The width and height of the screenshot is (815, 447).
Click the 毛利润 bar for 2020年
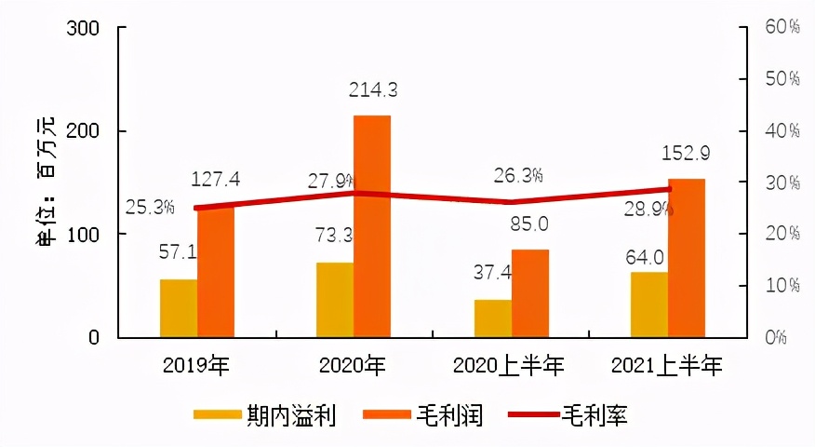point(372,225)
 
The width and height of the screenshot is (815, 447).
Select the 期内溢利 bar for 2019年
point(179,307)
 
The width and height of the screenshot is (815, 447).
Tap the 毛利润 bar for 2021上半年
point(687,257)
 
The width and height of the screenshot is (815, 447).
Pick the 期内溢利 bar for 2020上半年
point(493,318)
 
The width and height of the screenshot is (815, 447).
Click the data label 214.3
point(373,90)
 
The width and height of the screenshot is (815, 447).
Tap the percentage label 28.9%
point(649,210)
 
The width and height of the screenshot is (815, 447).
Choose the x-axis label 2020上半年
point(509,366)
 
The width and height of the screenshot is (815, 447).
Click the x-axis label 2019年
point(195,366)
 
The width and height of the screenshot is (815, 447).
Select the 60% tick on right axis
point(782,28)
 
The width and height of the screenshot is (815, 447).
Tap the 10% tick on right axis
point(782,285)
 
